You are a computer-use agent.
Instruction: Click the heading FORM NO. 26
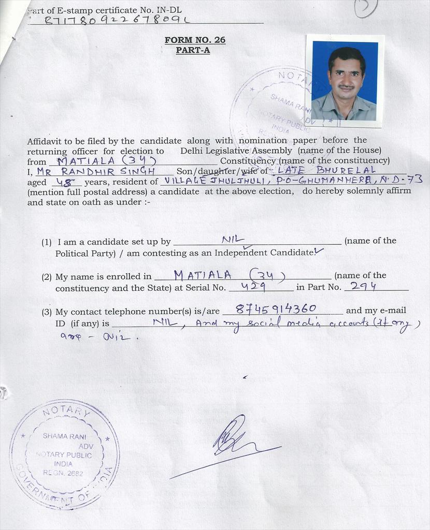195,40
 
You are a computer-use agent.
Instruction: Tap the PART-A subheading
193,50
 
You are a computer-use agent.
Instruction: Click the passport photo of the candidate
345,81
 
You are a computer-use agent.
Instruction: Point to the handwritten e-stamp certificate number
117,20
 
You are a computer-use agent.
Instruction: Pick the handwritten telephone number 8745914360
276,309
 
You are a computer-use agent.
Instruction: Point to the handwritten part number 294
363,286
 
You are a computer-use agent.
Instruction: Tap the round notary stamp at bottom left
64,454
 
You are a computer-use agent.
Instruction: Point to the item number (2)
47,276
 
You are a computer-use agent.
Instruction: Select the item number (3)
47,312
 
